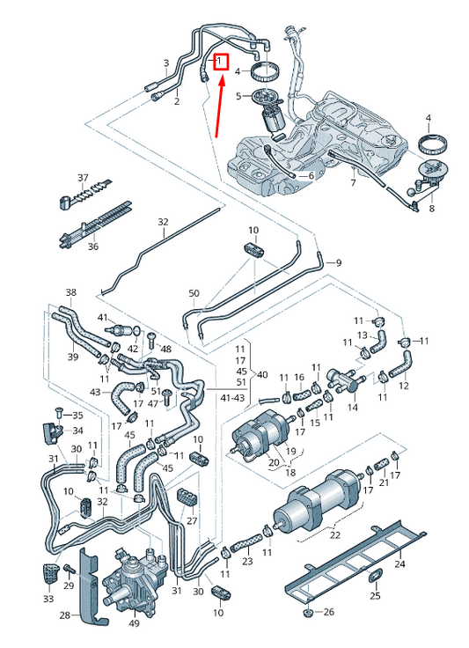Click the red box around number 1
(x=221, y=62)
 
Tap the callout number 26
(x=329, y=612)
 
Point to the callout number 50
(x=194, y=293)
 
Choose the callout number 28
(x=65, y=615)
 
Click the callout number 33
(x=48, y=599)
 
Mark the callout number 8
(x=431, y=210)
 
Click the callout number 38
(x=71, y=292)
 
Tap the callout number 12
(x=404, y=386)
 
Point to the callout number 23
(x=247, y=561)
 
